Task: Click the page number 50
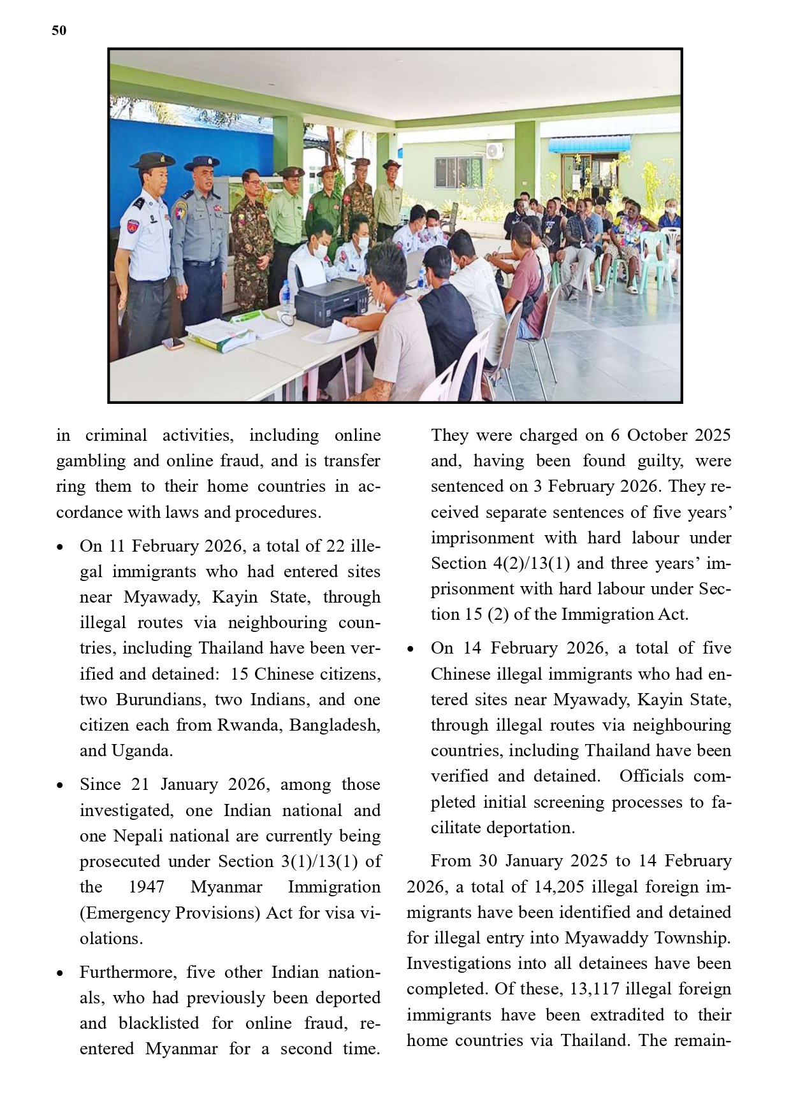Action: pos(59,31)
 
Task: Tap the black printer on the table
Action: pos(333,300)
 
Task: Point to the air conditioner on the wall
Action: pos(495,150)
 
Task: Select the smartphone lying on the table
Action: pos(173,344)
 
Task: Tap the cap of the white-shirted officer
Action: pos(152,159)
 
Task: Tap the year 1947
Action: pos(146,887)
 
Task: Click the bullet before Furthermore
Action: pos(60,973)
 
